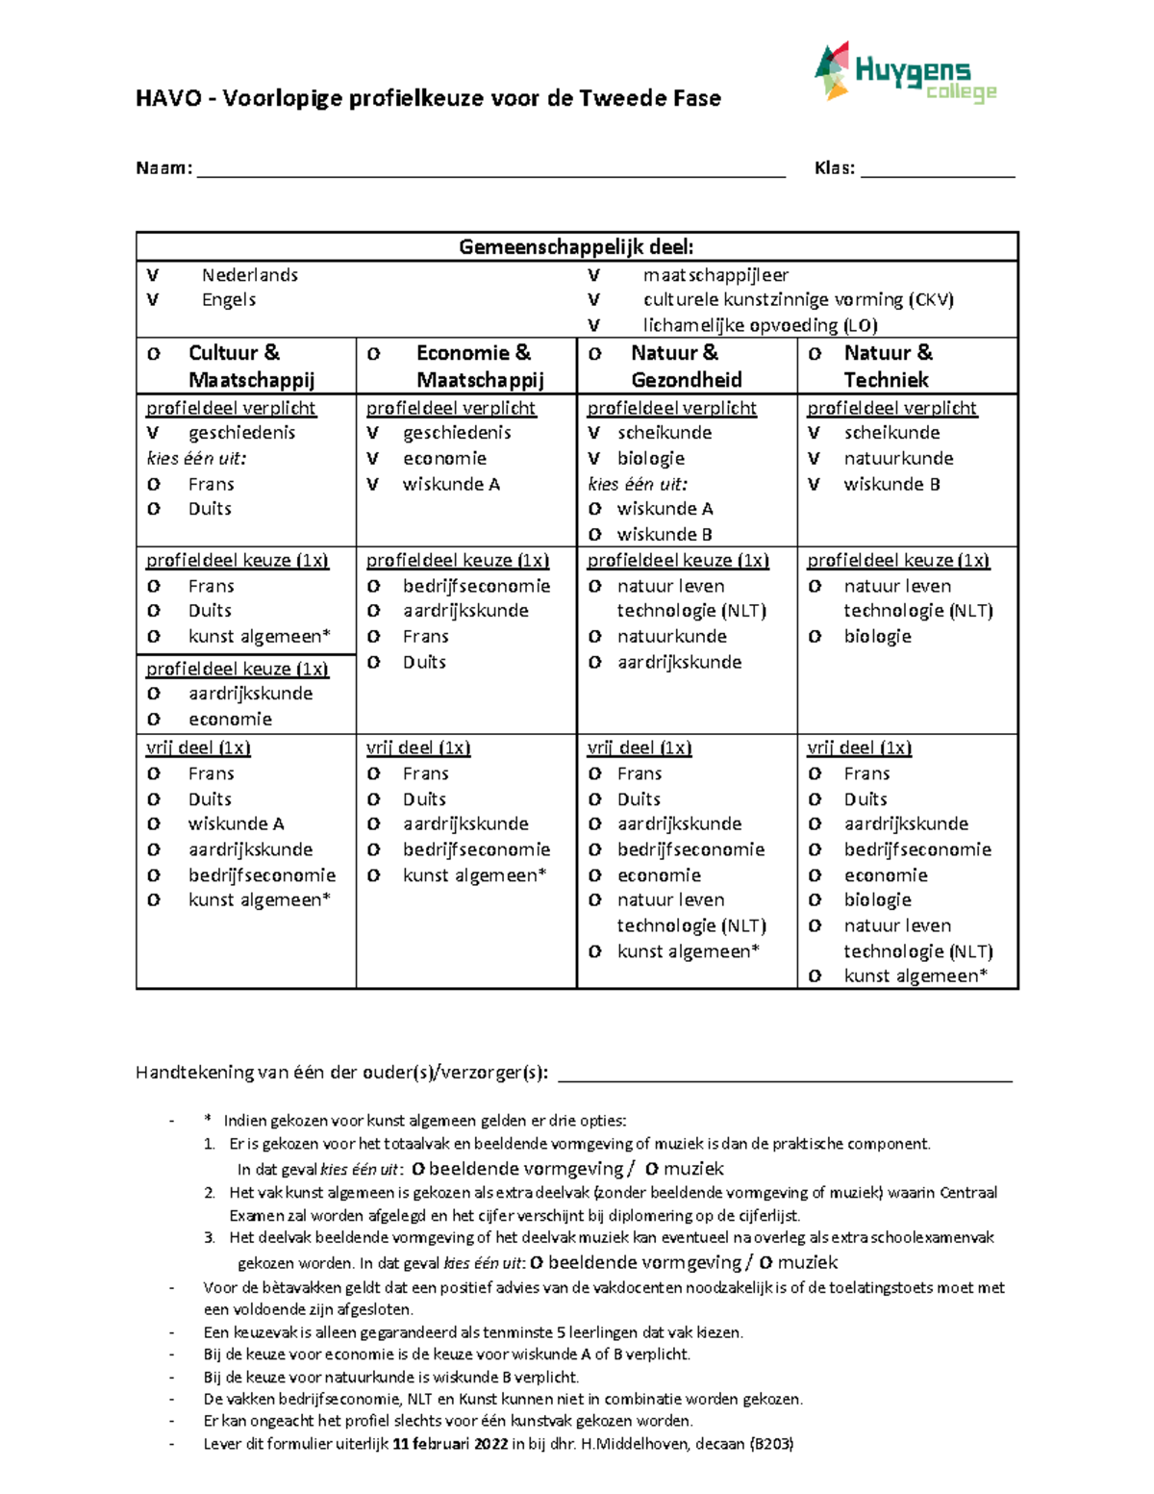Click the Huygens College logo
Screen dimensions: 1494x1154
pos(904,73)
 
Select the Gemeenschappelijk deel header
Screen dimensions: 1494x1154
pos(576,247)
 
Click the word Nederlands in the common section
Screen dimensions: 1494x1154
pos(250,275)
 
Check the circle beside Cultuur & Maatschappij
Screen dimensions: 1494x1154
pos(153,354)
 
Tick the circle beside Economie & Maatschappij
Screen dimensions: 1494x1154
pos(373,354)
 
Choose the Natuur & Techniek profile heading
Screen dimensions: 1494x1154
pos(888,366)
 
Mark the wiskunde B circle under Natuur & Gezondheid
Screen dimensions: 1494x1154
pos(594,535)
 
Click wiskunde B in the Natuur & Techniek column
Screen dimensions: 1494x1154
pos(891,484)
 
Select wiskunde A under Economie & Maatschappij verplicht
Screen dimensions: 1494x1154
pos(451,484)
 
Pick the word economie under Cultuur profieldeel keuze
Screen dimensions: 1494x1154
pos(230,719)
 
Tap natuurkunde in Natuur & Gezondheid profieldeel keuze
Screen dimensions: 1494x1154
pos(671,636)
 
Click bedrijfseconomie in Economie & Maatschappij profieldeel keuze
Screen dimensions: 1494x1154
pos(476,586)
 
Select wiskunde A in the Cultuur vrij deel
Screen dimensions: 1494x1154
pos(236,823)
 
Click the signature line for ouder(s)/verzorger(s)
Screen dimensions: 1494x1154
pos(784,1077)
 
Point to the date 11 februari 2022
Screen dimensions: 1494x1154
pos(450,1443)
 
